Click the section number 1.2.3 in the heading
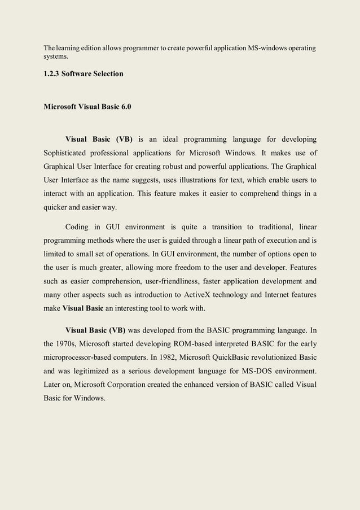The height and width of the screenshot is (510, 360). (x=52, y=74)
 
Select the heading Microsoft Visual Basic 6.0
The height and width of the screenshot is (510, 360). (x=87, y=107)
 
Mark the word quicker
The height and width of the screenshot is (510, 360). (x=56, y=207)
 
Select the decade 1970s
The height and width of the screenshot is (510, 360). (x=69, y=343)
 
